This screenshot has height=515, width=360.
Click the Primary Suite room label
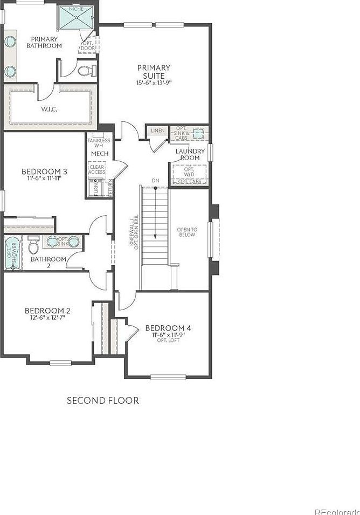click(x=154, y=72)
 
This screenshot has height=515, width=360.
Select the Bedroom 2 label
click(x=47, y=311)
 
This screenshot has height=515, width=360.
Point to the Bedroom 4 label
click(x=168, y=328)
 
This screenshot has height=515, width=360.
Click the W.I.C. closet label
click(x=49, y=109)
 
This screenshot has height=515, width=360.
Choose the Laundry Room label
click(x=188, y=154)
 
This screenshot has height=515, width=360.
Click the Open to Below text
click(x=188, y=232)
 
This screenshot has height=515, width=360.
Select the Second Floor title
click(x=102, y=400)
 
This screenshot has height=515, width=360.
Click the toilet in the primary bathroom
click(x=86, y=70)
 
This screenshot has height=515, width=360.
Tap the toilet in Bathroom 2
click(x=33, y=246)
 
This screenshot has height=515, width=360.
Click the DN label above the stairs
click(x=156, y=180)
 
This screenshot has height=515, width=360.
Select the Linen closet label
click(x=158, y=131)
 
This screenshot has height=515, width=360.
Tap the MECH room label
click(x=100, y=154)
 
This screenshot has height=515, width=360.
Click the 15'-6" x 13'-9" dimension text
click(x=154, y=83)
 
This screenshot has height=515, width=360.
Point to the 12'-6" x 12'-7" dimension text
click(x=47, y=319)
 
